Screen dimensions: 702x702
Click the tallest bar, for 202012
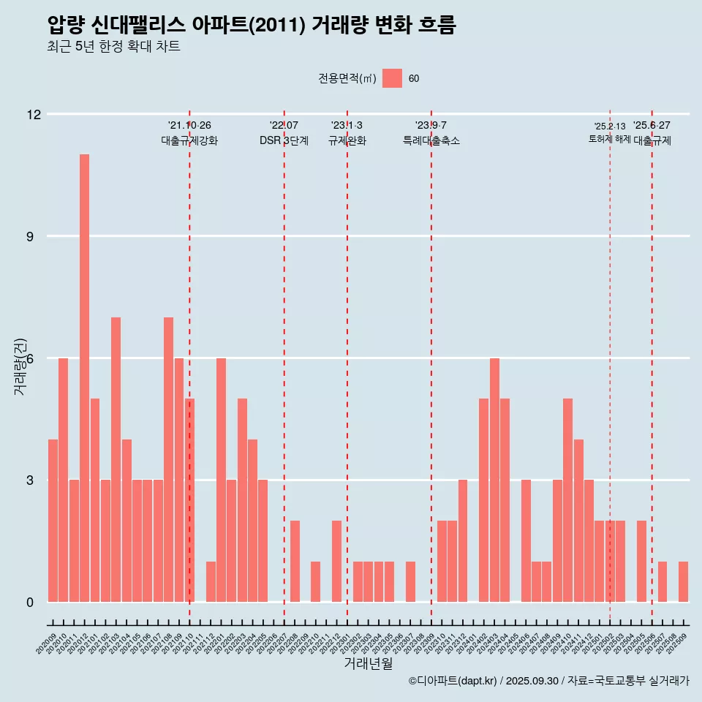[84, 378]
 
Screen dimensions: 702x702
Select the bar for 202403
[494, 480]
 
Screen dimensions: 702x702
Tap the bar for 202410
[567, 500]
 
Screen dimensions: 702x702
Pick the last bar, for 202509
[683, 582]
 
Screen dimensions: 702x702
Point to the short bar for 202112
[211, 582]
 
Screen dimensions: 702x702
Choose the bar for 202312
[463, 541]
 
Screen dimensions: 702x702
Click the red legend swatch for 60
[392, 78]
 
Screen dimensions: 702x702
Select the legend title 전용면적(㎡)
[347, 79]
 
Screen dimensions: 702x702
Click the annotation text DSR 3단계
[284, 141]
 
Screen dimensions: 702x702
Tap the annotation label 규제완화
[347, 141]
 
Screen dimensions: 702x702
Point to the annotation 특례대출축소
[431, 141]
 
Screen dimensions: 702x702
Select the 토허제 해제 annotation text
[609, 139]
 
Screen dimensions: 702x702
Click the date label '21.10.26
[189, 126]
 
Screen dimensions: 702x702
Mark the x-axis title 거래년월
[369, 664]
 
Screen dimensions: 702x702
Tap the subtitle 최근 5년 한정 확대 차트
[113, 47]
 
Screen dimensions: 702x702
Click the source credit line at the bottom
[548, 681]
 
